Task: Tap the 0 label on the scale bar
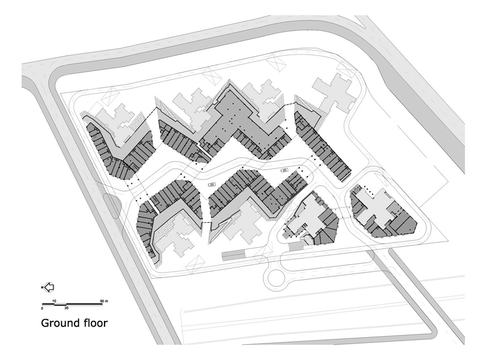(x=42, y=308)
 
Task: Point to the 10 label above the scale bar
(x=54, y=301)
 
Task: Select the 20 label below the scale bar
(x=66, y=308)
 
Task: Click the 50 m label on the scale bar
(x=104, y=301)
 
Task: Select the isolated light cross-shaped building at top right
(x=333, y=94)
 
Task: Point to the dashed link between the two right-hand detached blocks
(x=343, y=209)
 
